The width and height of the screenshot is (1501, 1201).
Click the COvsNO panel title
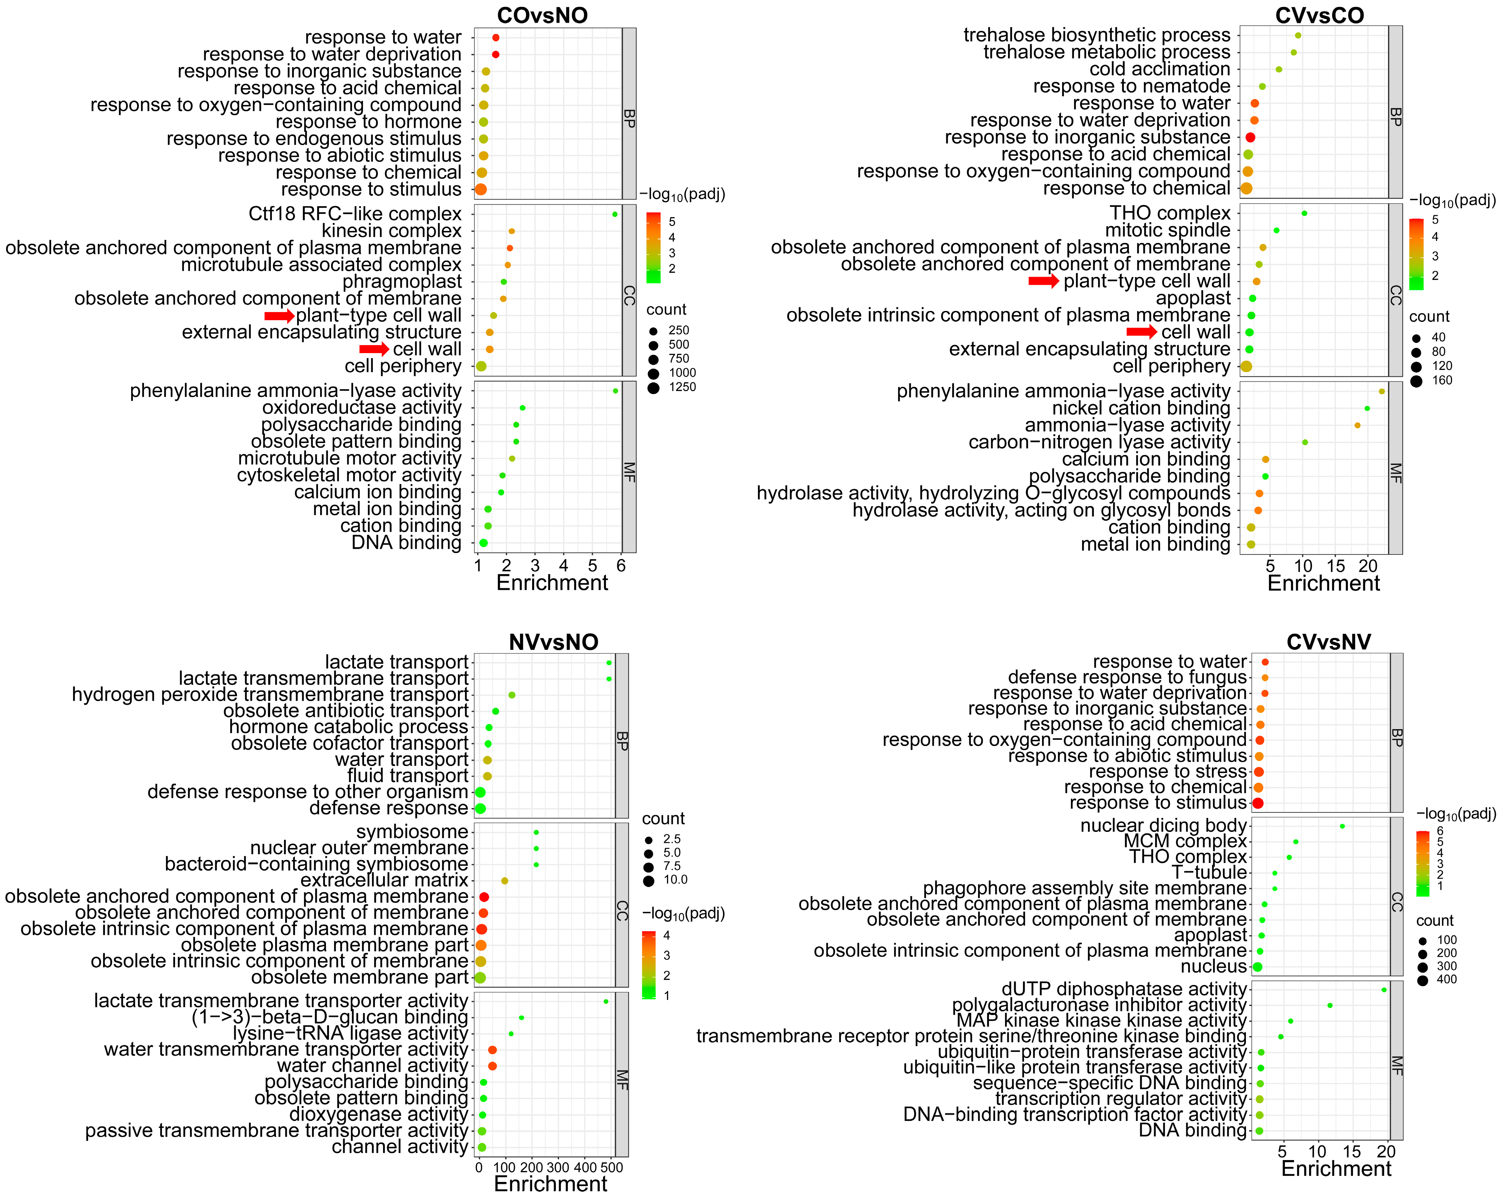[x=542, y=15]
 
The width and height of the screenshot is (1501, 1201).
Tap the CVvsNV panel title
[x=1328, y=641]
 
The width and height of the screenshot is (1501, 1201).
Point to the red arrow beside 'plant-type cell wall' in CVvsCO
[x=1043, y=281]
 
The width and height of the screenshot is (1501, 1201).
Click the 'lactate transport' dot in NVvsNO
[x=609, y=663]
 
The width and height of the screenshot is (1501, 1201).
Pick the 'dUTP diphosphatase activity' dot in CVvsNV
[x=1384, y=989]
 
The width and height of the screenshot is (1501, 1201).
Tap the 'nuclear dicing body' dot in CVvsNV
[x=1342, y=826]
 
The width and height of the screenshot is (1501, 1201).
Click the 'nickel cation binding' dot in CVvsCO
[x=1367, y=409]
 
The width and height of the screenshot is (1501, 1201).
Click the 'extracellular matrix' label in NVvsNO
[x=384, y=880]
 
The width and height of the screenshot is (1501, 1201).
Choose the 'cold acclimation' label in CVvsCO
[x=1160, y=69]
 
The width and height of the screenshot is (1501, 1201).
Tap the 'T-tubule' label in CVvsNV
[x=1209, y=872]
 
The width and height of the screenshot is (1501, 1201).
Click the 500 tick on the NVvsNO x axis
[x=611, y=1168]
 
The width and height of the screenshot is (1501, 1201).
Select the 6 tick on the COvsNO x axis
[x=621, y=565]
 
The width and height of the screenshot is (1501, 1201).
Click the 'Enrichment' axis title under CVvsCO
[x=1323, y=583]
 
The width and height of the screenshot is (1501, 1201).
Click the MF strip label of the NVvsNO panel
[x=622, y=1079]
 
